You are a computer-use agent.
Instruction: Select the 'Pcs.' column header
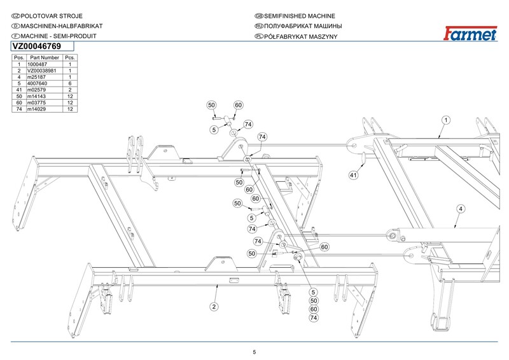(x=71, y=58)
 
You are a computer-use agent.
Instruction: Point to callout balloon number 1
(x=447, y=120)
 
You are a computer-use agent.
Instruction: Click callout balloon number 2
(x=214, y=306)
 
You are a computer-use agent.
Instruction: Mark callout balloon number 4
(x=458, y=209)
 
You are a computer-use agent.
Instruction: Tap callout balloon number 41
(x=353, y=174)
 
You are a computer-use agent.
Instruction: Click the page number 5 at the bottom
(x=254, y=352)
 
